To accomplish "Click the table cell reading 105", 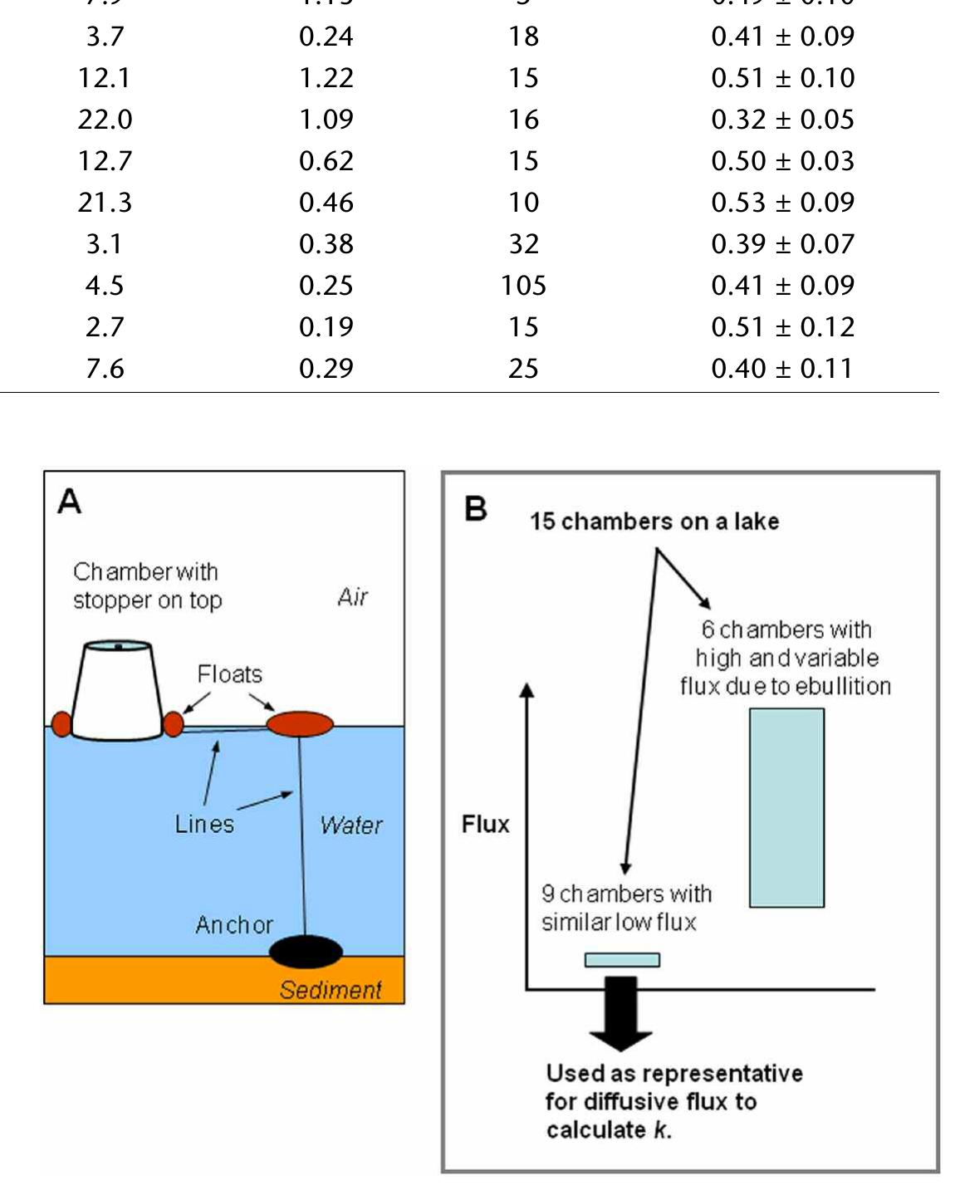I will coord(523,286).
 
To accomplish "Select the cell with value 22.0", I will coord(105,120).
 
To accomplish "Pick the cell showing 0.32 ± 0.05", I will coord(782,120).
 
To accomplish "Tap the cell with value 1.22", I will coord(326,78).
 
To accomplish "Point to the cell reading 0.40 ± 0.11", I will coord(782,369).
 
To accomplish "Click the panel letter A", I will coord(70,502).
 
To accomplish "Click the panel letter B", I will coord(476,508).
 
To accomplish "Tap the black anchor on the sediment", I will coord(306,951).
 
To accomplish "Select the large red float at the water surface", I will coord(300,724).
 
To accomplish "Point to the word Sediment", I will coord(331,990).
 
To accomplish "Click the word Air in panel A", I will coord(353,597).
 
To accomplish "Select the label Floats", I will coord(230,674).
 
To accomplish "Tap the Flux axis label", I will coord(486,824).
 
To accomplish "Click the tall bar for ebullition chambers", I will coord(786,807).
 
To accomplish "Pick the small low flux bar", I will coord(622,960).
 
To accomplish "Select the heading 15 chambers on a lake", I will coord(654,522).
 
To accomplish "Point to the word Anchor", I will coord(234,925).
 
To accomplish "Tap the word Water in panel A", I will coord(351,825).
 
